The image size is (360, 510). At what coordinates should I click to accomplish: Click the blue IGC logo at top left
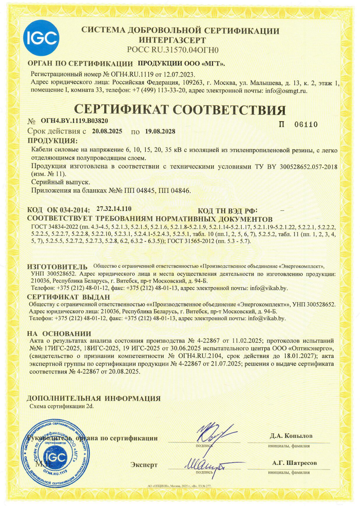pyautogui.click(x=41, y=38)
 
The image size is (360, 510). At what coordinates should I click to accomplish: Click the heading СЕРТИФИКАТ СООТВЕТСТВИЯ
pyautogui.click(x=180, y=110)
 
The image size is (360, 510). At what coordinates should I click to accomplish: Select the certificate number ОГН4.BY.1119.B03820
pyautogui.click(x=74, y=121)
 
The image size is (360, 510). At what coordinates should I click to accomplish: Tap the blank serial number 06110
pyautogui.click(x=306, y=125)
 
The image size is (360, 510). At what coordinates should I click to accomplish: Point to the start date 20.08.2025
pyautogui.click(x=107, y=131)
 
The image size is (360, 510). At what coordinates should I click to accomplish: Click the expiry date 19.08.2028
pyautogui.click(x=160, y=132)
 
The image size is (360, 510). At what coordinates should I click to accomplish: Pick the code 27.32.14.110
pyautogui.click(x=114, y=209)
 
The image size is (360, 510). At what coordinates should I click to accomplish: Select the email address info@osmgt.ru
pyautogui.click(x=286, y=91)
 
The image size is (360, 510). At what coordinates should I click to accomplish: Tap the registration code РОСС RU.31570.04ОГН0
pyautogui.click(x=173, y=50)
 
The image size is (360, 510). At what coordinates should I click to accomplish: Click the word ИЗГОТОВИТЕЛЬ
pyautogui.click(x=57, y=267)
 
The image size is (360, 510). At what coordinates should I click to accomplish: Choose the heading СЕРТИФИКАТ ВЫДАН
pyautogui.click(x=68, y=297)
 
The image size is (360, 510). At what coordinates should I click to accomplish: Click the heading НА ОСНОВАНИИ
pyautogui.click(x=59, y=334)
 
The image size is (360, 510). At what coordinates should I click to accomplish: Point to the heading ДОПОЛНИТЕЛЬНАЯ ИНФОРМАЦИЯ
pyautogui.click(x=94, y=398)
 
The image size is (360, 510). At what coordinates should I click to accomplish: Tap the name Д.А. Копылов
pyautogui.click(x=291, y=436)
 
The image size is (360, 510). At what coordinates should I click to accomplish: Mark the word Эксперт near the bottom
pyautogui.click(x=144, y=465)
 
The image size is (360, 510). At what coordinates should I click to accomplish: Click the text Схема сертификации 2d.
pyautogui.click(x=62, y=406)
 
